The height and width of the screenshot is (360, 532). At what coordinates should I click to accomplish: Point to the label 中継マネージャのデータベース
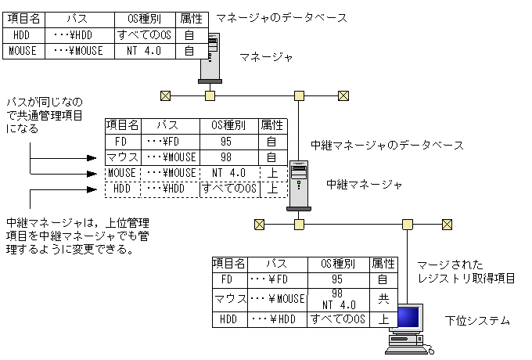tap(386, 145)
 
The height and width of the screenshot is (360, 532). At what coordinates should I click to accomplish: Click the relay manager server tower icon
tap(298, 185)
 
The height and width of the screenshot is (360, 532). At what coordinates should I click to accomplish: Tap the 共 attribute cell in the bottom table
tap(383, 298)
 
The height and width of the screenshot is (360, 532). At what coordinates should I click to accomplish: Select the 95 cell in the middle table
tap(226, 142)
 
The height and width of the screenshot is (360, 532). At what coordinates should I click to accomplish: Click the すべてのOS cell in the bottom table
tap(337, 319)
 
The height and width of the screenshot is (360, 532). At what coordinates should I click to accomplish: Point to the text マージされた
tap(450, 265)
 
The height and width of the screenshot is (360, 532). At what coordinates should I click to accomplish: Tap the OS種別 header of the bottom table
tap(337, 264)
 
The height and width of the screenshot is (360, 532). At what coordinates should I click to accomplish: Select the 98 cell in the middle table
tap(226, 157)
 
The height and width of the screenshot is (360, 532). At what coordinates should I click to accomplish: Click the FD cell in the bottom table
tap(228, 279)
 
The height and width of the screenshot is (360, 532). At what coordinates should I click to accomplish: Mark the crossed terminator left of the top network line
tap(166, 96)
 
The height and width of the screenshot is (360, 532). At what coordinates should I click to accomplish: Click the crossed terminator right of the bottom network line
tap(447, 225)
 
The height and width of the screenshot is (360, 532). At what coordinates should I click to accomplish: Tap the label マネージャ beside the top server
tap(266, 57)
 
